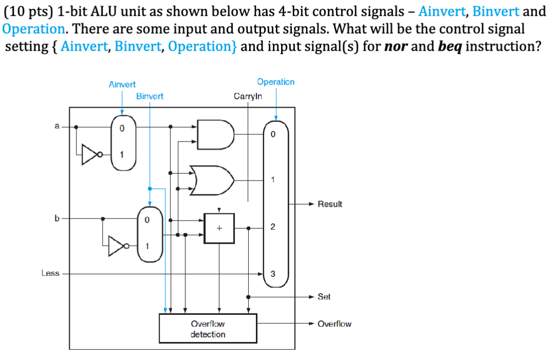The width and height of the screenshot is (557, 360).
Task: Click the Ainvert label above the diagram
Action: [122, 84]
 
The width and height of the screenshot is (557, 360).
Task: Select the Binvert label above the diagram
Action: [150, 96]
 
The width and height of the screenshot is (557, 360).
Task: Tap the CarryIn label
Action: [248, 96]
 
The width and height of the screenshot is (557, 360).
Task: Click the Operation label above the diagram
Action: [276, 82]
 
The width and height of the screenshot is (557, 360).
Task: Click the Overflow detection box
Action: [208, 329]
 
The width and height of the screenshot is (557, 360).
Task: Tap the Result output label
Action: [330, 204]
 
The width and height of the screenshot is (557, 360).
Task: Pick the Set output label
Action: [324, 296]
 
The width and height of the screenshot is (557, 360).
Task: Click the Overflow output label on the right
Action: [334, 324]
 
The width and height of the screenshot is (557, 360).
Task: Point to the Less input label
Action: [50, 273]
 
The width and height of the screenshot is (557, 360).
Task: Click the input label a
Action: [57, 126]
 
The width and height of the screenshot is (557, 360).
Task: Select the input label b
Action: [57, 218]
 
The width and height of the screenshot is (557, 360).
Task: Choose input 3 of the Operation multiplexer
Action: [272, 274]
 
